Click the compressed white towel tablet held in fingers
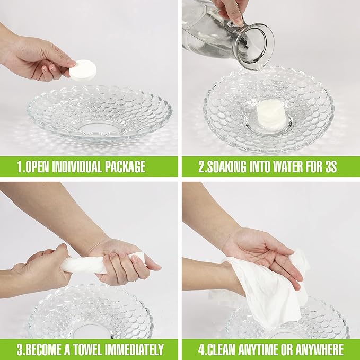click(83, 70)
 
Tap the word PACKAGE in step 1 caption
click(125, 166)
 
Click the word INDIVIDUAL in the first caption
click(77, 166)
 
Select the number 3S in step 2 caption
click(331, 166)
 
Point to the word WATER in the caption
click(285, 166)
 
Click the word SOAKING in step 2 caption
click(226, 166)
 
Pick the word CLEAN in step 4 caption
click(220, 349)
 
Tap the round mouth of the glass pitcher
click(255, 46)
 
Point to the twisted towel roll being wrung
click(101, 264)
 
